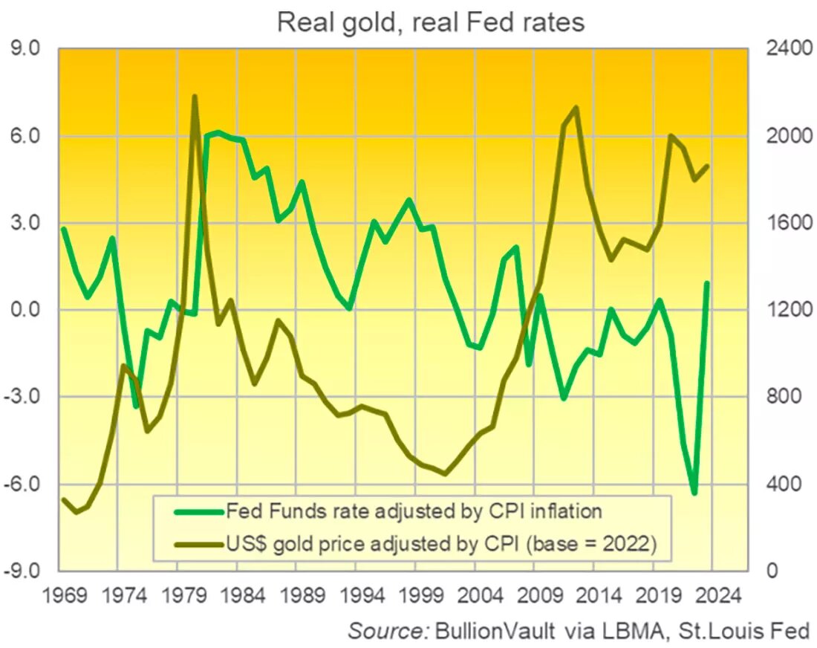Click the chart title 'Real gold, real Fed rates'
[431, 22]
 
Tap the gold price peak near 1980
[194, 97]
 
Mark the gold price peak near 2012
[576, 108]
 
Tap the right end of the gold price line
[708, 166]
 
